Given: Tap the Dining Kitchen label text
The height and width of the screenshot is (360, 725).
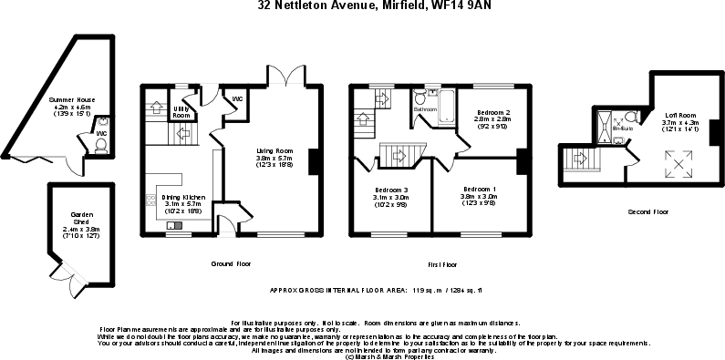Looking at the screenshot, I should [183, 198].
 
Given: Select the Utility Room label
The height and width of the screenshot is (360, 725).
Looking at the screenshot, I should [181, 113].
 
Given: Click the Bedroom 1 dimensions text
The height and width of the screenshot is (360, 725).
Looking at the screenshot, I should [478, 203].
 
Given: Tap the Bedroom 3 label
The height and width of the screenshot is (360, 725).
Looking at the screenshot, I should [391, 190].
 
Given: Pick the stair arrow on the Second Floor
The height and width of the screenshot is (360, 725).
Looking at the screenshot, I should [577, 161].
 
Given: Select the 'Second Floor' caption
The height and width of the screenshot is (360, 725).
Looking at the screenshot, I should [647, 212].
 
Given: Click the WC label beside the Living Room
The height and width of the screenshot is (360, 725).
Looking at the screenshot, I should [236, 98].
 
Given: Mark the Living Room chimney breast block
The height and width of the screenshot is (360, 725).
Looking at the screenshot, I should [313, 161].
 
